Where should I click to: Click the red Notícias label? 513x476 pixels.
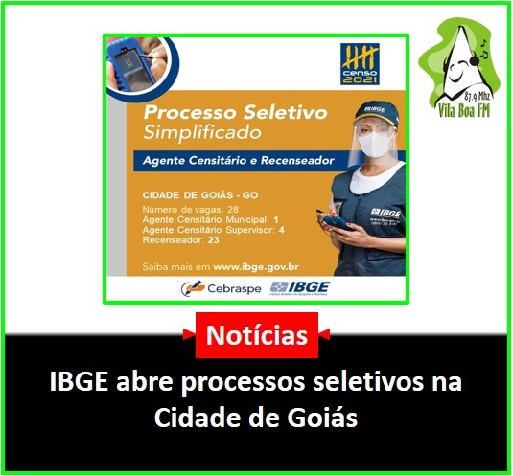click(x=257, y=335)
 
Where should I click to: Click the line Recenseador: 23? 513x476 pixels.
click(x=179, y=241)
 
